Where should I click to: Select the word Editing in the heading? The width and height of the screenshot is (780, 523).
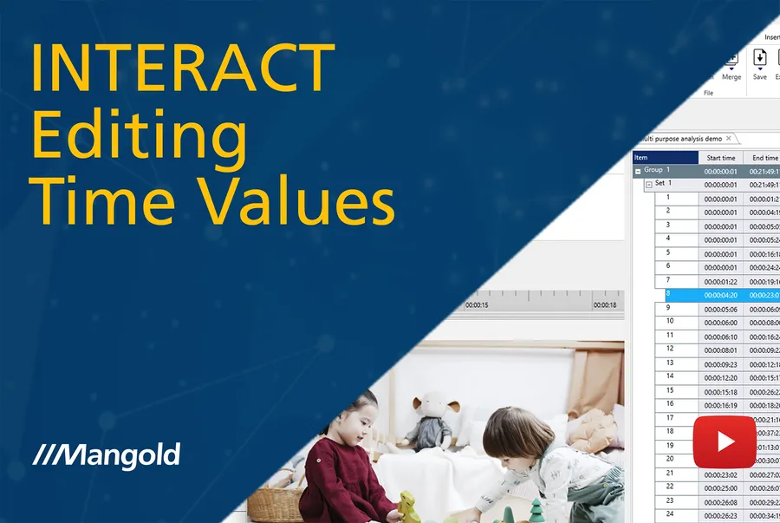(139, 135)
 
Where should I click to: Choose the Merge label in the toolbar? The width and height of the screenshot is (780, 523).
(731, 77)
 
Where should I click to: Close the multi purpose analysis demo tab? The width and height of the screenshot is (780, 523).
(729, 139)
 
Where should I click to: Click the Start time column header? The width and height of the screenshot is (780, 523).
(720, 158)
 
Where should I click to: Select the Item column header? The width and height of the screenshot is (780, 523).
(666, 158)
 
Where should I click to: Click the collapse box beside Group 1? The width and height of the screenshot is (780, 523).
(639, 172)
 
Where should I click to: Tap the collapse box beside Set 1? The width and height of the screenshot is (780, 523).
(648, 185)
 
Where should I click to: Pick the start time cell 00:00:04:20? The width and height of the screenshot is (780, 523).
(720, 296)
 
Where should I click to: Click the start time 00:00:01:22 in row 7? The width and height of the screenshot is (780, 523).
(720, 282)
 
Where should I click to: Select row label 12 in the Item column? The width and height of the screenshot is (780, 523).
(670, 350)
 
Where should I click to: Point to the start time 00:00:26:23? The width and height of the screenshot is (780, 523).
(720, 516)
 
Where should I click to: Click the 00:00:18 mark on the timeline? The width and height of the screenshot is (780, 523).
(605, 305)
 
